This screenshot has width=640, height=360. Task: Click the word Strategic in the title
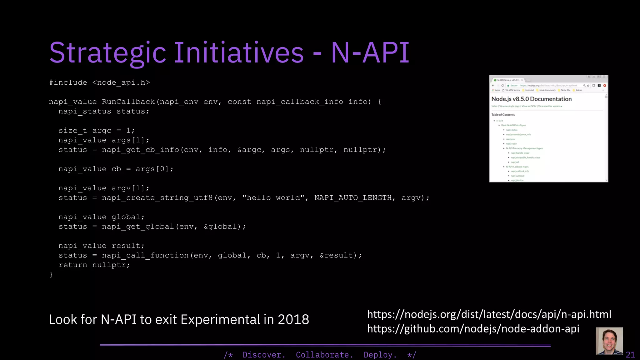(x=107, y=52)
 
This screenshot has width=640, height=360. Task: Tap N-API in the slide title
(x=370, y=52)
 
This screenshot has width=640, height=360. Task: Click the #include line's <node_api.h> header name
(x=121, y=82)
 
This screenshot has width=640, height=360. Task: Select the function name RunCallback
(x=128, y=102)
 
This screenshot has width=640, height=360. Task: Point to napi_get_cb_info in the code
(x=140, y=150)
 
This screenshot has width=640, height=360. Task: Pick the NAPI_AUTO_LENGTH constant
(x=353, y=198)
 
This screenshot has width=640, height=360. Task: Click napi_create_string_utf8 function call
(x=157, y=198)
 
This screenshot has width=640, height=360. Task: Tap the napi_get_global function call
(x=138, y=227)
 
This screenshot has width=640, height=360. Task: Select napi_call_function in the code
(x=145, y=255)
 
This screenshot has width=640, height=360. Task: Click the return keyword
(x=73, y=265)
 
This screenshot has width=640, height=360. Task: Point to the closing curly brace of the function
(x=51, y=275)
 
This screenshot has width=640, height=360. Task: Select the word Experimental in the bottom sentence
(x=220, y=319)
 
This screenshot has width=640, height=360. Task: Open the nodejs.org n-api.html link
(x=489, y=314)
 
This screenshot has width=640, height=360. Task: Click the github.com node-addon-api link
(x=473, y=329)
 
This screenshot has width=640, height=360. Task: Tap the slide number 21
(x=630, y=355)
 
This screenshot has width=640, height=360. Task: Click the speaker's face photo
(x=609, y=341)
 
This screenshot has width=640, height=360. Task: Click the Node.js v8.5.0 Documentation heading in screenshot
(x=531, y=99)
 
